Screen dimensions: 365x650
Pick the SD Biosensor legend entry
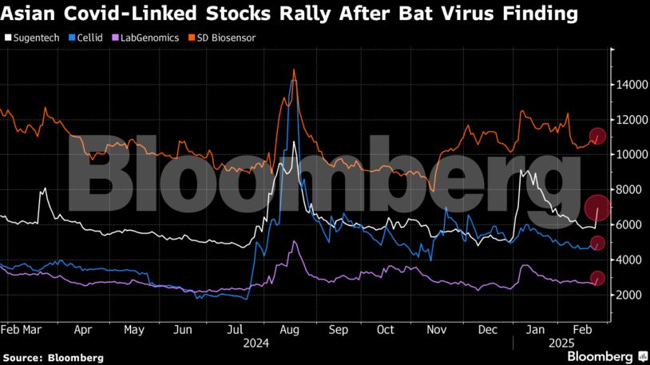(x=221, y=37)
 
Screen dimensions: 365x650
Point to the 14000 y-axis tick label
(x=630, y=85)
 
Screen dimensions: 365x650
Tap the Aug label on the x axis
(x=289, y=329)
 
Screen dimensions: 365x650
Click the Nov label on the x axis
(x=436, y=329)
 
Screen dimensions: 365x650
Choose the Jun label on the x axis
(x=184, y=329)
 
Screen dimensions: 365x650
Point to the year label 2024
(x=256, y=343)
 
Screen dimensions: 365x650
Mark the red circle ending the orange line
(x=597, y=137)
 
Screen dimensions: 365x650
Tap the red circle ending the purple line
(x=597, y=278)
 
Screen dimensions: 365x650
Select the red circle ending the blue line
(x=597, y=243)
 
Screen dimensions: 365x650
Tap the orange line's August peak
(x=295, y=70)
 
